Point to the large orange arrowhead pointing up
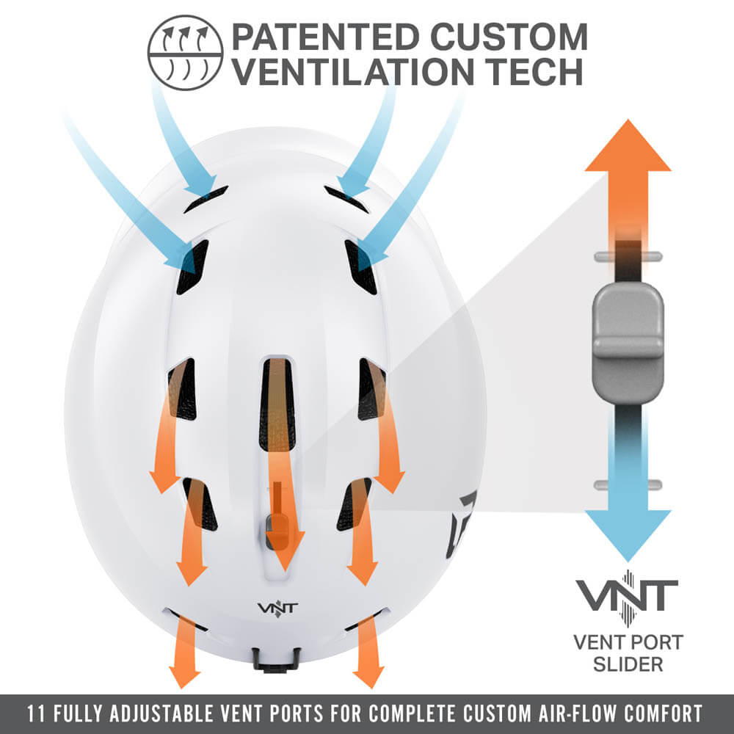(x=628, y=147)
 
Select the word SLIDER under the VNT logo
(x=628, y=664)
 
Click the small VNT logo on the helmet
(x=272, y=609)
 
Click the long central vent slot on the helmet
(x=277, y=404)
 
